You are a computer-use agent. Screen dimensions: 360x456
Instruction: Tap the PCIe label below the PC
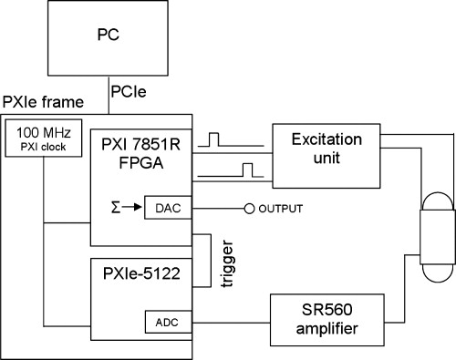pyautogui.click(x=128, y=93)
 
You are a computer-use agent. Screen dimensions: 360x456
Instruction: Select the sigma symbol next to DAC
pyautogui.click(x=117, y=208)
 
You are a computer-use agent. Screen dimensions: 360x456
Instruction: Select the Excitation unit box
pyautogui.click(x=323, y=149)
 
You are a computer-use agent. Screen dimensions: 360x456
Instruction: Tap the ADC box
pyautogui.click(x=162, y=321)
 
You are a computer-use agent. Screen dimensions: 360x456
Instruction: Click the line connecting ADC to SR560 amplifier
pyautogui.click(x=228, y=321)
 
